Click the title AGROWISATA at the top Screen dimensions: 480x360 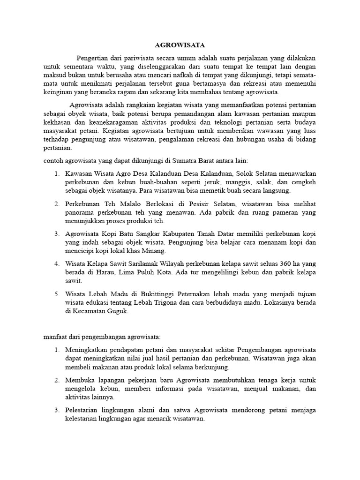(x=180, y=45)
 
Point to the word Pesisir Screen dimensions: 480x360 (x=192, y=204)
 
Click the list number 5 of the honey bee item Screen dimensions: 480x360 (x=56, y=294)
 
